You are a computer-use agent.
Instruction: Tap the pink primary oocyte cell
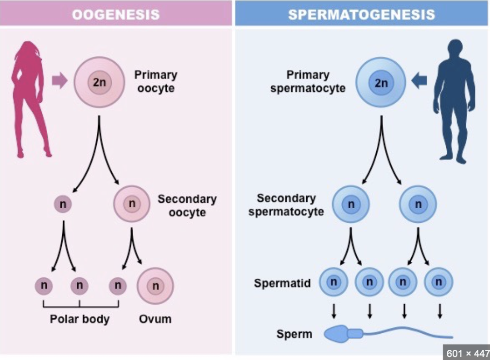point(100,82)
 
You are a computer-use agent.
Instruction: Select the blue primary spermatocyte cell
point(382,82)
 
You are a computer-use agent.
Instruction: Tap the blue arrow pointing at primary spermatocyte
point(420,81)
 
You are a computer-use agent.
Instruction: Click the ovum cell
point(156,286)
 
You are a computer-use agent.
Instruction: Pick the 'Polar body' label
point(80,320)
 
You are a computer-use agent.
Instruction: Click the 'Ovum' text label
point(155,320)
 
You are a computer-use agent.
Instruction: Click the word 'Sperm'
point(294,334)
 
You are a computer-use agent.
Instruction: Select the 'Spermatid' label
point(282,283)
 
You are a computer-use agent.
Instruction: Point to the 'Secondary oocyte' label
point(187,206)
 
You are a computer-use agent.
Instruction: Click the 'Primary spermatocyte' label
point(309,82)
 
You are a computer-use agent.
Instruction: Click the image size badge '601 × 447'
point(466,352)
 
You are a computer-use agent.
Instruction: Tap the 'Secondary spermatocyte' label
point(286,205)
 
